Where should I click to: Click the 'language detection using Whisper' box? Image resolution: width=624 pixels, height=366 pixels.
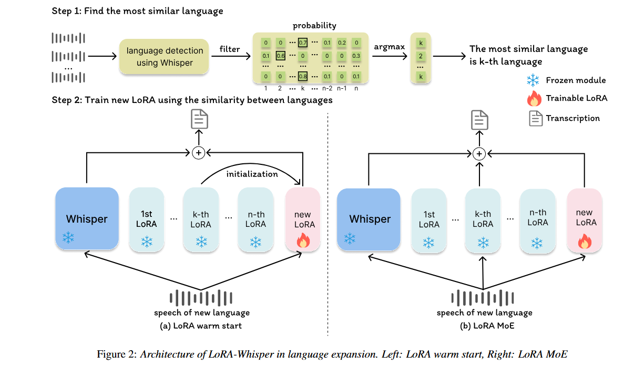tap(165, 57)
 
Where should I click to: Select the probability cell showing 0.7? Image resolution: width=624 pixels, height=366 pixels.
tap(303, 42)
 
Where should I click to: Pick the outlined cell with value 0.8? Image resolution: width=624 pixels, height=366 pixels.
tap(303, 76)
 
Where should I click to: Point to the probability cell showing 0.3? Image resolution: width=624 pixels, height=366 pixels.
tap(357, 56)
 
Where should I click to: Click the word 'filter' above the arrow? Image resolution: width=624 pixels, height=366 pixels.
tap(230, 49)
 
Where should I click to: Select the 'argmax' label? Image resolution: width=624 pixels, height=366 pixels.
tap(389, 47)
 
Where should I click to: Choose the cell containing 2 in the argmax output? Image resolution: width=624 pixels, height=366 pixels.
tap(421, 56)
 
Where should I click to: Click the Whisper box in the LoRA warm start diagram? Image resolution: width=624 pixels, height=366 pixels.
tap(87, 218)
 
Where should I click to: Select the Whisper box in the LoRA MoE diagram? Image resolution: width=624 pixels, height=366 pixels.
tap(370, 219)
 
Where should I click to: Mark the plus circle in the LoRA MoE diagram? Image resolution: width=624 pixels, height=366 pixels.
tap(478, 154)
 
